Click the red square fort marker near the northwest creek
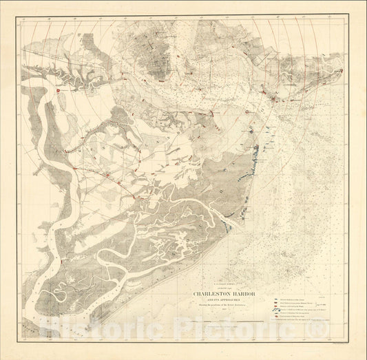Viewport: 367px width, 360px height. click(x=58, y=90)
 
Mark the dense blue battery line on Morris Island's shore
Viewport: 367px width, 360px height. click(x=255, y=156)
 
